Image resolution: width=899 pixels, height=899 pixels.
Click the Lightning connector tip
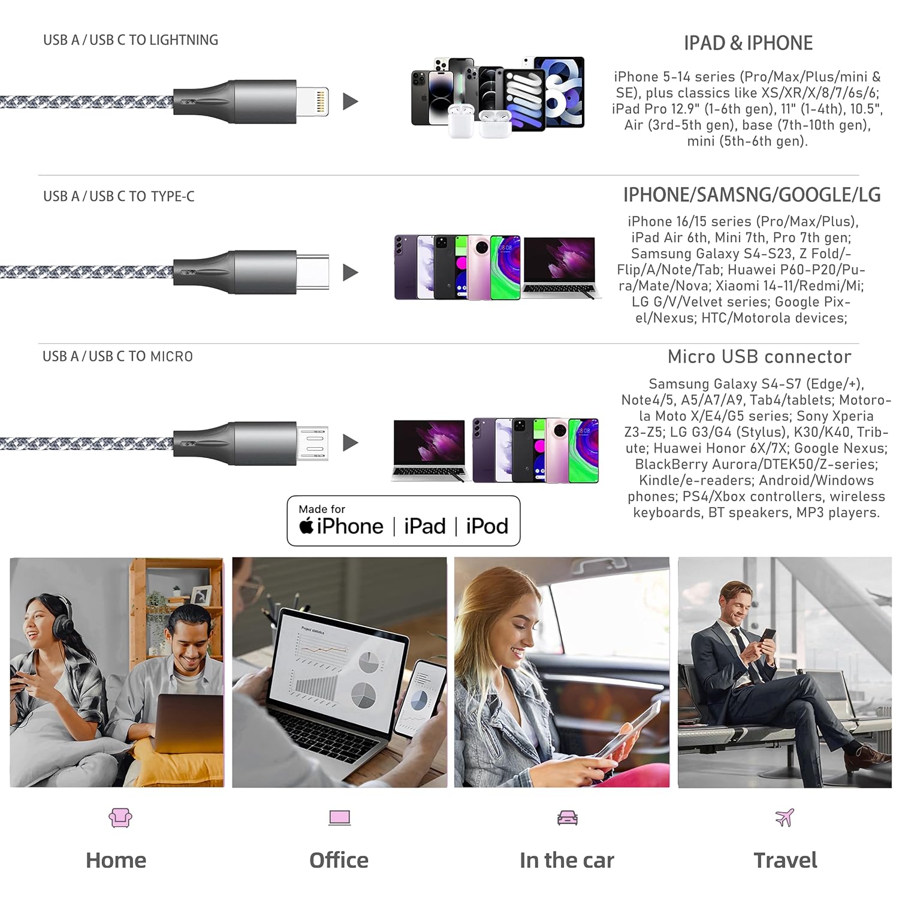coord(313,101)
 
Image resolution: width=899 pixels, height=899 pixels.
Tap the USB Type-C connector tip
coord(312,272)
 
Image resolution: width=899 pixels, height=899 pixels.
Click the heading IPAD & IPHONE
coord(748,43)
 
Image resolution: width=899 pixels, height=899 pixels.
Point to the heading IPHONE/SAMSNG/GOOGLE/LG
coord(752,195)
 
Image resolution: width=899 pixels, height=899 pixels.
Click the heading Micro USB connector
coord(759,357)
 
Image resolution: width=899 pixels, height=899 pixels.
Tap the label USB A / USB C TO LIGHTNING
coord(131,40)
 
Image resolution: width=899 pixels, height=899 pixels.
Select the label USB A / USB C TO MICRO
coord(117,357)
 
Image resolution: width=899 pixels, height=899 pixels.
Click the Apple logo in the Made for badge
coord(306,526)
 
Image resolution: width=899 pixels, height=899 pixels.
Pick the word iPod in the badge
coord(487,526)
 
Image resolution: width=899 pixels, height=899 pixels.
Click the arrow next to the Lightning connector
coord(350,101)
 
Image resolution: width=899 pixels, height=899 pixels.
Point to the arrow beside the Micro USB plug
coord(350,443)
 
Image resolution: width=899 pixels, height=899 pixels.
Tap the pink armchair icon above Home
coord(120,817)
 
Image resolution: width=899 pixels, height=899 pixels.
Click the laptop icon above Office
coord(339,818)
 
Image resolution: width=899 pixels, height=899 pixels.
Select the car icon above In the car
coord(567,818)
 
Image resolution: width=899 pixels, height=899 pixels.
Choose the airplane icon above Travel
coord(785,817)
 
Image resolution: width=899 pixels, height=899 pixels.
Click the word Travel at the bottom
coord(785,860)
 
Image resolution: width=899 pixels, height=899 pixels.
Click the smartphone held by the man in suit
coord(768,637)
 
